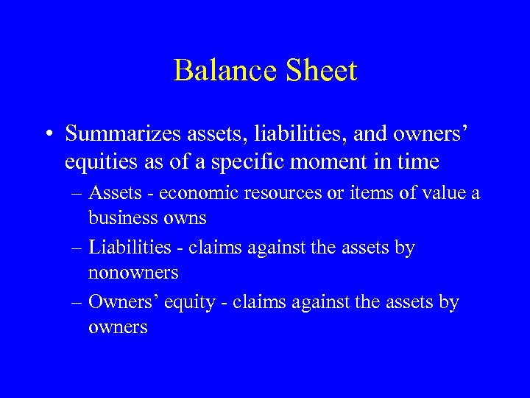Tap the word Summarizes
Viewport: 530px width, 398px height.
click(x=119, y=133)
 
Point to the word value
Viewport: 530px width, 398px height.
click(x=444, y=193)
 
